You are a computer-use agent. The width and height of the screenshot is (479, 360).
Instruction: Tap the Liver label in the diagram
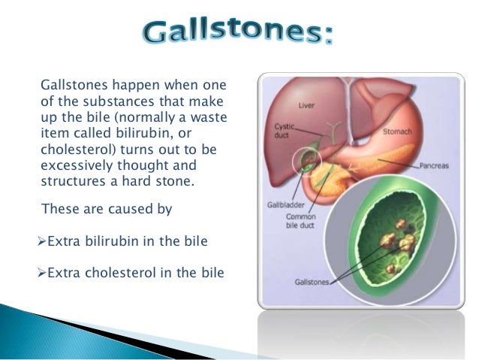click(x=307, y=105)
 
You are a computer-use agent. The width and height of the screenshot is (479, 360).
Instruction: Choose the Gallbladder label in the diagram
click(x=285, y=204)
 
